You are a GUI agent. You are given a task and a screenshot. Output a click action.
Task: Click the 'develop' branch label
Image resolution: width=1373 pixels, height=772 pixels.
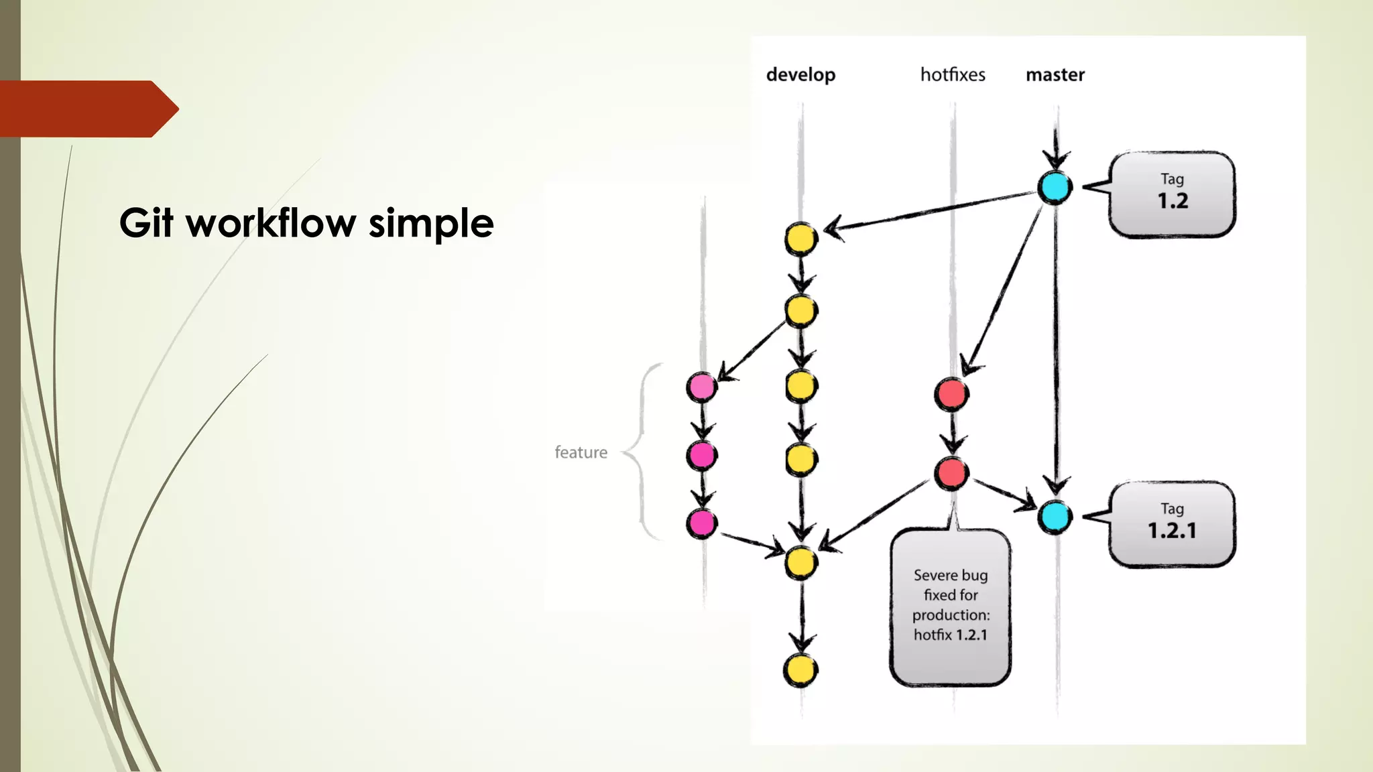800,74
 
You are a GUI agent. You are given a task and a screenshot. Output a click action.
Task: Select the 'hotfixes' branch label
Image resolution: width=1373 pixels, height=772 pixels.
953,74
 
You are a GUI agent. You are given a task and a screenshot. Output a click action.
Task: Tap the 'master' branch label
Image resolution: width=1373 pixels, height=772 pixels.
1055,74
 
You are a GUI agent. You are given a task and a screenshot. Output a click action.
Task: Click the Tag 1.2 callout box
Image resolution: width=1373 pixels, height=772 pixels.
1172,194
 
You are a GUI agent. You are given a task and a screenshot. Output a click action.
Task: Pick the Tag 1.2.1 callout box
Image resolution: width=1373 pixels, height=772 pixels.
1172,523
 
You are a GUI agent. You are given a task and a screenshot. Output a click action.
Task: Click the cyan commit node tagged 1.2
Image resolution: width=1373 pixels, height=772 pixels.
1055,188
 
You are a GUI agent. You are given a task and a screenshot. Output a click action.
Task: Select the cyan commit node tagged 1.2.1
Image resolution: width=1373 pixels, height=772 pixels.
1055,517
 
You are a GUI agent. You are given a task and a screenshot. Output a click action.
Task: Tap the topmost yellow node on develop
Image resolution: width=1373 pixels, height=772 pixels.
801,239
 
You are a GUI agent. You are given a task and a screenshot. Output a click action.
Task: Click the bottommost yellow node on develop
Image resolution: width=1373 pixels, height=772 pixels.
800,669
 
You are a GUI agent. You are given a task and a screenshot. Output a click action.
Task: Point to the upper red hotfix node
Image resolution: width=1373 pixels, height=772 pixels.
951,393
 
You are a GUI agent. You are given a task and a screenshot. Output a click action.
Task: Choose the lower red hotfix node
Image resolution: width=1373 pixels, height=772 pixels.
951,473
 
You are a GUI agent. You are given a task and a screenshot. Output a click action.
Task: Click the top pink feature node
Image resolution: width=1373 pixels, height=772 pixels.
701,387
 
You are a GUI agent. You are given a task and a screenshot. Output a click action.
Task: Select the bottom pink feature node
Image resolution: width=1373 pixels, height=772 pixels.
701,523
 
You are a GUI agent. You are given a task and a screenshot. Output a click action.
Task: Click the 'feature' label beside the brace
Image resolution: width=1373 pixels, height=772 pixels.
581,452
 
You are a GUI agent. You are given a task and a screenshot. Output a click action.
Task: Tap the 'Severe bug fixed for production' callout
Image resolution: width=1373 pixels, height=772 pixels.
950,605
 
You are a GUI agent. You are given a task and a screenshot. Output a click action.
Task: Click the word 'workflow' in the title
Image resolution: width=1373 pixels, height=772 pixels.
271,223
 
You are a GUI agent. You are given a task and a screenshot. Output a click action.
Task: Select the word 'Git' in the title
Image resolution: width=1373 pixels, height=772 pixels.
146,223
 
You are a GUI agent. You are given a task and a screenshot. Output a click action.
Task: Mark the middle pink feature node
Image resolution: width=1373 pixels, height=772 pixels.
701,456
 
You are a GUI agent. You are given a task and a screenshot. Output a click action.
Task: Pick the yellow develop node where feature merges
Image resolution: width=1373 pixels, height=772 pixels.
801,562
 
